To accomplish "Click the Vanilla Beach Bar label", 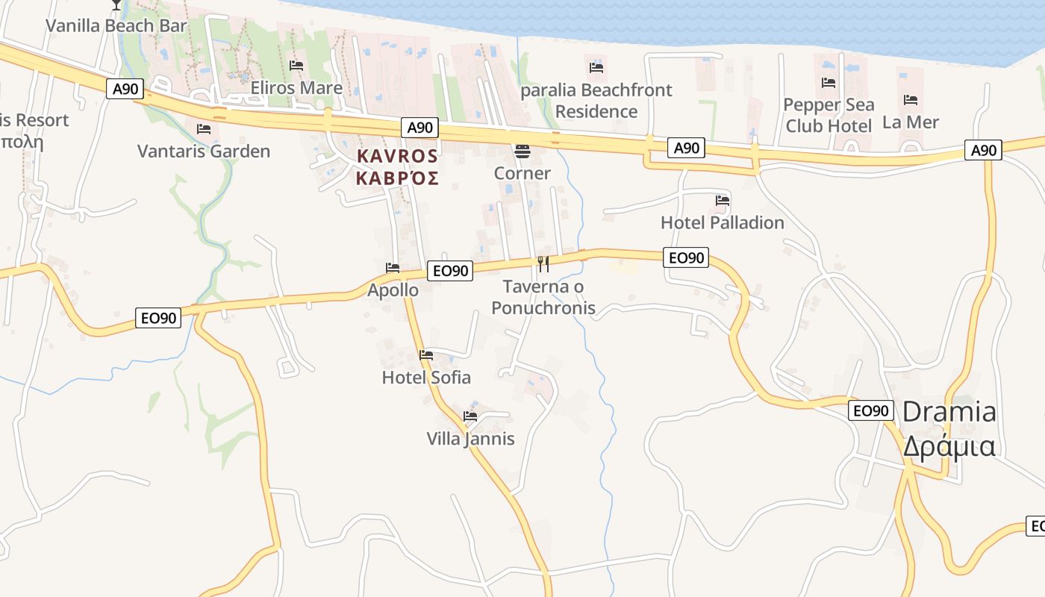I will tap(116, 26).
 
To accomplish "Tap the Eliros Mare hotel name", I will tap(296, 88).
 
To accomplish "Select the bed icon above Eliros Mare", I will tap(296, 66).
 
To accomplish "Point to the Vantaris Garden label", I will tap(204, 151).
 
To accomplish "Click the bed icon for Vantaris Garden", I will tap(203, 128).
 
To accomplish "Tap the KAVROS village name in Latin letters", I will tap(397, 157).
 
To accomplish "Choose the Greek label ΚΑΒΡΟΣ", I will tap(397, 179).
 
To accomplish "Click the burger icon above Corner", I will tap(522, 151).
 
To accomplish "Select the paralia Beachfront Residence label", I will tap(596, 101).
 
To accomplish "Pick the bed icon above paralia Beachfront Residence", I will tap(596, 68).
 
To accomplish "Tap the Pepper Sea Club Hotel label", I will tap(829, 115).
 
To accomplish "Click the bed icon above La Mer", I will tap(911, 99).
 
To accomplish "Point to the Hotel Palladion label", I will tap(723, 222).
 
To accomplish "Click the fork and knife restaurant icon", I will tap(543, 263).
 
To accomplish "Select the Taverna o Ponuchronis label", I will tap(543, 297).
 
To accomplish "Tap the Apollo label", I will tap(393, 290).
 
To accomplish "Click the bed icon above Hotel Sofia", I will tap(426, 354).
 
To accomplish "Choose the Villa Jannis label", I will tap(470, 439).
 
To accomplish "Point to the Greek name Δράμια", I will tap(949, 446).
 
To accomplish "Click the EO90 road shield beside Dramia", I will tap(870, 410).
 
